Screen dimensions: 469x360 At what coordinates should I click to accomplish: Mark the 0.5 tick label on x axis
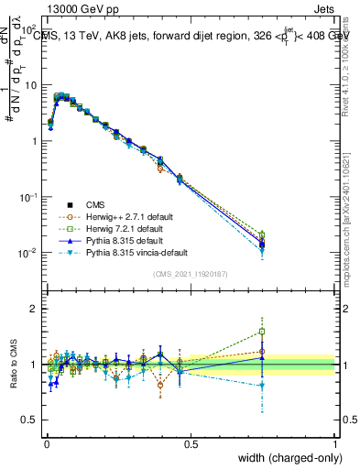(x=191, y=443)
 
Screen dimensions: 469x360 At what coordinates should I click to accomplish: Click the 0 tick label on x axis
(x=47, y=443)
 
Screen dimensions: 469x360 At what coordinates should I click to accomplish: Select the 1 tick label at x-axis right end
(x=334, y=443)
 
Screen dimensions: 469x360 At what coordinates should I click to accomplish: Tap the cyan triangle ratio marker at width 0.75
(x=262, y=386)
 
